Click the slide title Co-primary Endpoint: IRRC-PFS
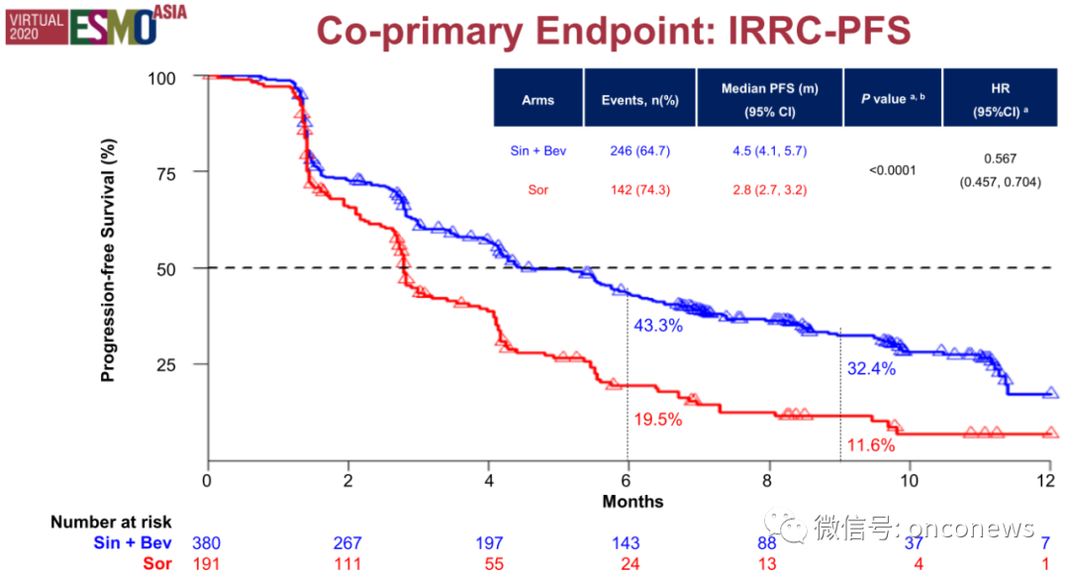coord(613,32)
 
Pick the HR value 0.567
coord(1000,158)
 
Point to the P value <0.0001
coord(892,169)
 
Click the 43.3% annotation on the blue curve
coord(656,326)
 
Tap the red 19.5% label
coord(656,419)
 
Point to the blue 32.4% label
coord(871,369)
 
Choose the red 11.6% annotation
coord(871,445)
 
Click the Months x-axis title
coord(632,502)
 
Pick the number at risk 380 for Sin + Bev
coord(207,543)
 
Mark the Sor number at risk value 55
coord(488,564)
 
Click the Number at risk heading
coord(111,523)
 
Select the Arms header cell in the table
coord(538,100)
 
